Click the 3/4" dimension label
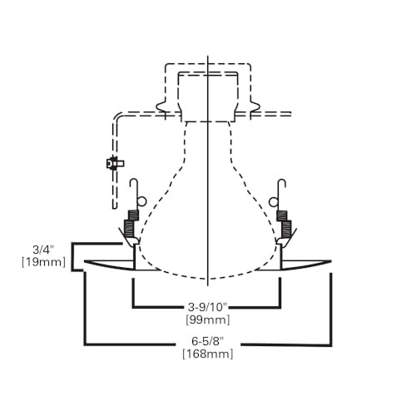point(42,250)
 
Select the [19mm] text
point(44,262)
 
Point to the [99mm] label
point(208,319)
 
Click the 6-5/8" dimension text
point(208,341)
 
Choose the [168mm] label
point(208,354)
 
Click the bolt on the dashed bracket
point(115,163)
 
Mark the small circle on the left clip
point(141,201)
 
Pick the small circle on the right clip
point(275,201)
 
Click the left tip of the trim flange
point(85,261)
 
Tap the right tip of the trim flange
point(331,261)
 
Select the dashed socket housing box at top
point(208,64)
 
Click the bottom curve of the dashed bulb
point(208,279)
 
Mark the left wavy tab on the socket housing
point(161,106)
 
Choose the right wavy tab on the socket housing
point(255,106)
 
